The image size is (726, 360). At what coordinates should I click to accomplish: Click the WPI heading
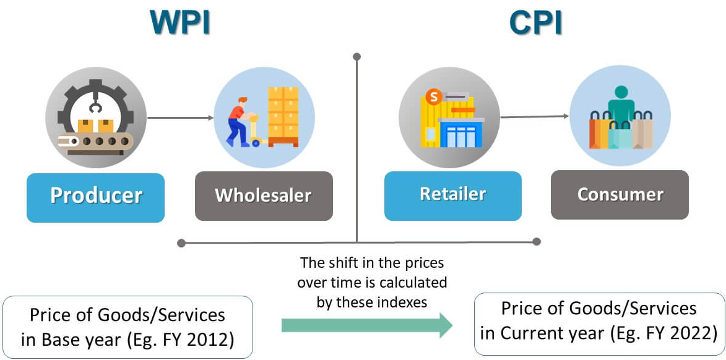pyautogui.click(x=180, y=23)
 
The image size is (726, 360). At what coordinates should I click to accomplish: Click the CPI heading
pyautogui.click(x=536, y=23)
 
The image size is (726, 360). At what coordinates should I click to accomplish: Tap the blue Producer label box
pyautogui.click(x=95, y=197)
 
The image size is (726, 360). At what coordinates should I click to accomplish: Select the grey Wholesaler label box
pyautogui.click(x=264, y=196)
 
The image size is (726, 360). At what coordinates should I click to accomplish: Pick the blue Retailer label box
pyautogui.click(x=452, y=195)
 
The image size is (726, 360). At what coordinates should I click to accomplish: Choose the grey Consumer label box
pyautogui.click(x=620, y=195)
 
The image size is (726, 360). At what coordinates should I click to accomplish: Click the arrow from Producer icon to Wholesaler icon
pyautogui.click(x=179, y=117)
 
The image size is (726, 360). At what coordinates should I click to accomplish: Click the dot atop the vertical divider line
pyautogui.click(x=357, y=57)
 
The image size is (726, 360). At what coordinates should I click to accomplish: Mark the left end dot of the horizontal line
pyautogui.click(x=181, y=242)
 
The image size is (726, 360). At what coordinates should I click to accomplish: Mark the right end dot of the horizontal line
pyautogui.click(x=537, y=242)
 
